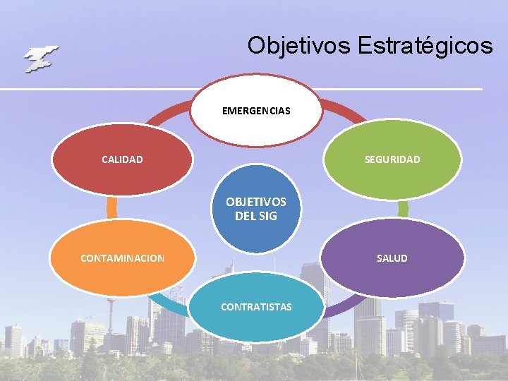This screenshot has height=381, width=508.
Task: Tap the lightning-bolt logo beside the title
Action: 41,59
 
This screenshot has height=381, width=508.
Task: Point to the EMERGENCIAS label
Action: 255,111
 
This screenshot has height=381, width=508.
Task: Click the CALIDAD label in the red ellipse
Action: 122,159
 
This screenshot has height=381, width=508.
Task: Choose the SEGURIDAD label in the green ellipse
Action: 392,159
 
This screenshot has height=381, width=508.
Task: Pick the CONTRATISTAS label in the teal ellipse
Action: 255,307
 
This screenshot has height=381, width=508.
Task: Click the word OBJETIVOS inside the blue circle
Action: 255,202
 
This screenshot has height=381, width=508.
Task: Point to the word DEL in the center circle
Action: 245,216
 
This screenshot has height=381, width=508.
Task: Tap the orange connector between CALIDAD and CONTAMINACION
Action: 111,207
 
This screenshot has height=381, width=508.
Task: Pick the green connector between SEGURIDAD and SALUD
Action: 403,209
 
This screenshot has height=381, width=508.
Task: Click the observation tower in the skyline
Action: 110,310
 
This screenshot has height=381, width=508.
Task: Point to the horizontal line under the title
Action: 240,89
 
